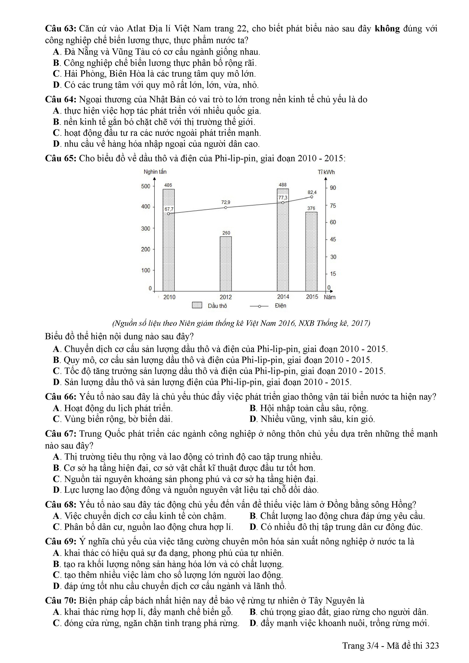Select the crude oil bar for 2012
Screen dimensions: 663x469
tap(226, 264)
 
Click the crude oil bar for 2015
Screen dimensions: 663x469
tap(311, 251)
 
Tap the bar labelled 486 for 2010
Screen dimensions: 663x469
tap(168, 240)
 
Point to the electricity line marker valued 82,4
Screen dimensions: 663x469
tap(312, 197)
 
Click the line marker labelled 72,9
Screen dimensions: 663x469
tap(226, 207)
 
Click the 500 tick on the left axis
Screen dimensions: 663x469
tap(146, 186)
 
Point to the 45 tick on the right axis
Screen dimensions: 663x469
tap(333, 239)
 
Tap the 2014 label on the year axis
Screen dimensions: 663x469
tap(283, 297)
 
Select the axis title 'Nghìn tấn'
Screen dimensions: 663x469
tap(155, 172)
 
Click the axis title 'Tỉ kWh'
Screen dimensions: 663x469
tap(326, 172)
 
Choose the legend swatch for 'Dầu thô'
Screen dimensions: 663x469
tap(197, 305)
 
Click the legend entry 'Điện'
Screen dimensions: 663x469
tap(280, 305)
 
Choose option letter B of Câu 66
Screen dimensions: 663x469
tap(253, 408)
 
